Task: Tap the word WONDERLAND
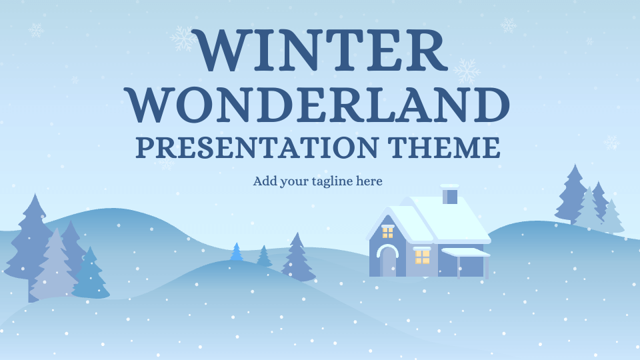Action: tap(319, 105)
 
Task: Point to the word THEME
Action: tap(444, 147)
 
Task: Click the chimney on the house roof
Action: tap(450, 194)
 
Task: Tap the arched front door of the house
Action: tap(387, 261)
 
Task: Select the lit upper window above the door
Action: tap(387, 232)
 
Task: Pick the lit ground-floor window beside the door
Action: tap(422, 256)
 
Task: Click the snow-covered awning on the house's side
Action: tap(466, 252)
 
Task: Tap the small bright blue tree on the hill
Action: tap(236, 252)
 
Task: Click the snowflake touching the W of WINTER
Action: tap(183, 39)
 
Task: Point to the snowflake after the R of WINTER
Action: tap(467, 71)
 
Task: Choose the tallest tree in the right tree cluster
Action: tap(573, 195)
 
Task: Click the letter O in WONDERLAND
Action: tap(194, 105)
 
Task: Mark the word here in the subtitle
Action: tap(369, 181)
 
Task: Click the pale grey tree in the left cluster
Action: tap(54, 265)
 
